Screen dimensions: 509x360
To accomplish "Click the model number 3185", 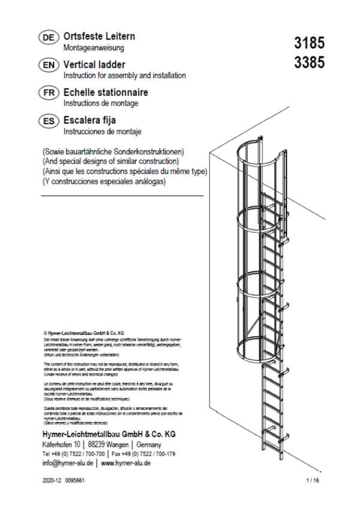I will tap(309, 43).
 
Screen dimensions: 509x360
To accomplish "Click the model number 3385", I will tap(309, 62).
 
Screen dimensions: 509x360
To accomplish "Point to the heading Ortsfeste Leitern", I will tap(99, 36).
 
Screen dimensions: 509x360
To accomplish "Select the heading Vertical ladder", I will tap(94, 64).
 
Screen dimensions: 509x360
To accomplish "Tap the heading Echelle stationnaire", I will tap(106, 92).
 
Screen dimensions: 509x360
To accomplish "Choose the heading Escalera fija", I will tap(89, 120).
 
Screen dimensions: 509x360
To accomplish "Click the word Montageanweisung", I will tap(94, 47).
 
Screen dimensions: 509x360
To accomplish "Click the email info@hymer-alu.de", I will tap(68, 463).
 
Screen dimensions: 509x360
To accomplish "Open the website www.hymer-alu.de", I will tap(125, 463).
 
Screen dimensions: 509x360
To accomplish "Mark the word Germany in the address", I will tap(149, 444).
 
